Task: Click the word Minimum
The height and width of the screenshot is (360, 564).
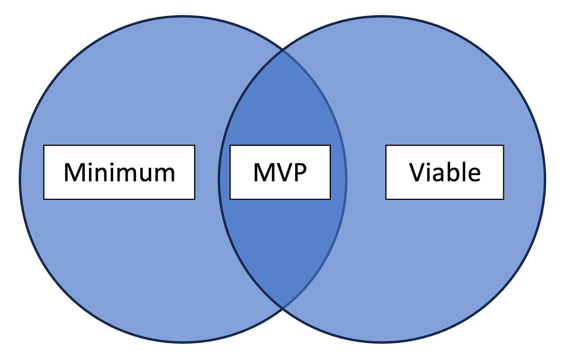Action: click(x=119, y=172)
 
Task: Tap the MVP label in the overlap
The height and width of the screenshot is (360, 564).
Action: click(x=280, y=172)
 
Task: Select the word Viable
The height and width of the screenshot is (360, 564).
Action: click(x=445, y=172)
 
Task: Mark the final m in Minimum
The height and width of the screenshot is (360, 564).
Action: click(x=164, y=174)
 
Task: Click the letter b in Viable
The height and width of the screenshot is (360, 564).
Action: click(x=449, y=172)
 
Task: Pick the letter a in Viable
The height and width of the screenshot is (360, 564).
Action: click(x=437, y=175)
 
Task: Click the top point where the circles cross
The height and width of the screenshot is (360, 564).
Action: click(x=283, y=50)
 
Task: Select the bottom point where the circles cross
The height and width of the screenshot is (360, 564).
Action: click(x=283, y=308)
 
